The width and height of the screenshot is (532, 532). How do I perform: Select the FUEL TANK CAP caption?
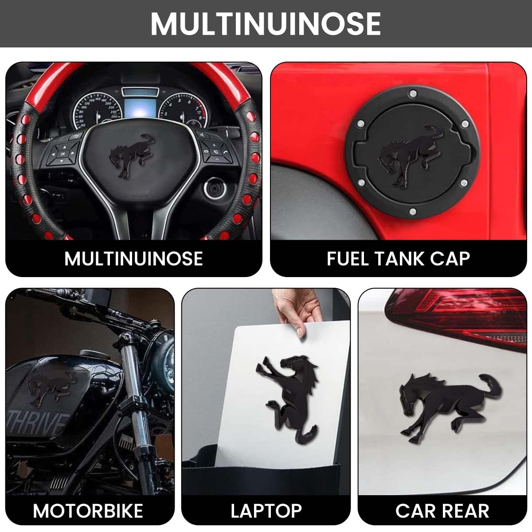coord(398,258)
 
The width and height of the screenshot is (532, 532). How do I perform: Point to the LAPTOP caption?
coord(266,511)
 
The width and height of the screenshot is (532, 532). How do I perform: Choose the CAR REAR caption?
coord(442,511)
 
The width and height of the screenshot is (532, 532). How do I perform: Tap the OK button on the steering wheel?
coord(62,153)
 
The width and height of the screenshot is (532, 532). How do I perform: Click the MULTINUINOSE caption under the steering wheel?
coord(133,258)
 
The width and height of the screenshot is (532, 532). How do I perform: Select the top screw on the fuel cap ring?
coord(413,93)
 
